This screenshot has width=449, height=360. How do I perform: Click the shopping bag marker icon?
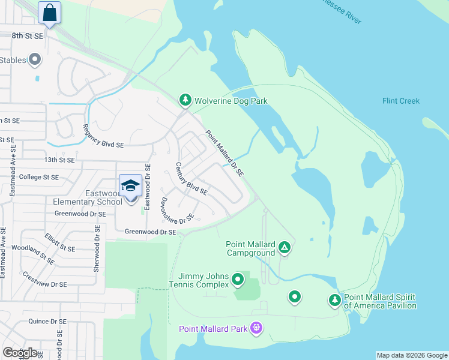tap(49, 13)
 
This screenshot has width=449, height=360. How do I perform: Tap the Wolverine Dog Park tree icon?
tap(185, 101)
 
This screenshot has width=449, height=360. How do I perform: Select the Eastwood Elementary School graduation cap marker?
tap(130, 185)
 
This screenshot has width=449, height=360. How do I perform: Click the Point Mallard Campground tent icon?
tap(285, 247)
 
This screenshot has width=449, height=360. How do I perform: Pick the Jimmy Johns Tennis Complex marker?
tap(238, 279)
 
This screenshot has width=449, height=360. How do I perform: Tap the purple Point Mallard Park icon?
tap(257, 328)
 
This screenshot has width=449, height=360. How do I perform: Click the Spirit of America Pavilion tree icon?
tap(334, 300)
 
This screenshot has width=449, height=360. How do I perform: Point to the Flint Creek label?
tap(400, 101)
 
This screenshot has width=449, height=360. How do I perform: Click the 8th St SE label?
tap(28, 36)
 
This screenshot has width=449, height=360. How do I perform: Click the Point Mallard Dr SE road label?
tap(224, 154)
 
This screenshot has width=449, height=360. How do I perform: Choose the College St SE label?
tap(39, 177)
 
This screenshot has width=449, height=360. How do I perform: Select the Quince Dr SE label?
tap(47, 321)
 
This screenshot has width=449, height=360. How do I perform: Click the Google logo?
tap(20, 352)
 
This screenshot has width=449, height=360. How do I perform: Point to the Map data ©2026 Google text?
tap(412, 355)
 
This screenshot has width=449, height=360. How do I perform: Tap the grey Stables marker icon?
tap(34, 59)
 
